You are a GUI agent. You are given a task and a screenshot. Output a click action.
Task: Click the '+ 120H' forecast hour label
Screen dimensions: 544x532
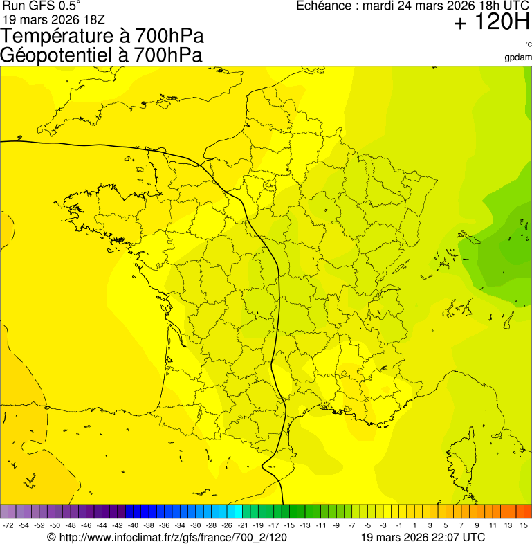pos(491,24)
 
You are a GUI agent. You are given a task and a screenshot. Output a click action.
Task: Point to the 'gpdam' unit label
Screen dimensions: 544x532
pos(518,57)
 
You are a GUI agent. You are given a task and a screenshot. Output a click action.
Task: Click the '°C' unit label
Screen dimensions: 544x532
pos(528,45)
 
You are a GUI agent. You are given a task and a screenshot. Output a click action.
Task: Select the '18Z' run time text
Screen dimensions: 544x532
pos(93,19)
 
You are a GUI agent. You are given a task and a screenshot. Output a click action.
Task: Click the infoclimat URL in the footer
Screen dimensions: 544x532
pos(173,537)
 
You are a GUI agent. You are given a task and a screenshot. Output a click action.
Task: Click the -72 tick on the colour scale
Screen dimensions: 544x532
pos(8,526)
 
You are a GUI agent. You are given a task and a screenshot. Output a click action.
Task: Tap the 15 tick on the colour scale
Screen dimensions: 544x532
pos(524,526)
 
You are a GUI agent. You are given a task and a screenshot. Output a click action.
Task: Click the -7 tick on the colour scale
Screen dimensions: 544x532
pos(351,526)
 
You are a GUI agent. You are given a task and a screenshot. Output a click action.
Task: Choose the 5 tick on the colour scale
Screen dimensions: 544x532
pos(446,526)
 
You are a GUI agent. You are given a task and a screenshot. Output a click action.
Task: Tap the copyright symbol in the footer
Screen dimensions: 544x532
pos(51,537)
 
